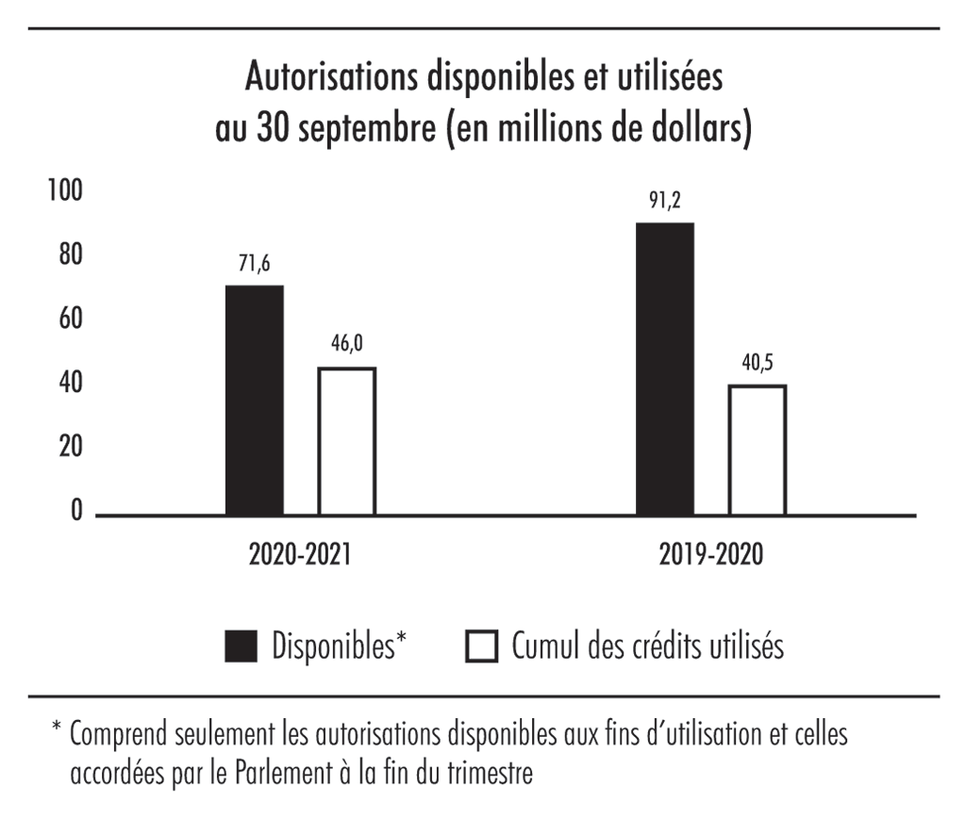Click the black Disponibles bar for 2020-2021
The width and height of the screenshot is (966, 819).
pyautogui.click(x=255, y=401)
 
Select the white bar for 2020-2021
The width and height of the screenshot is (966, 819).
pyautogui.click(x=346, y=441)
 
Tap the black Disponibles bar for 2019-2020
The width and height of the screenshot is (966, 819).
pyautogui.click(x=665, y=369)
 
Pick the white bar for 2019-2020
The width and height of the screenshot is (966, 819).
pyautogui.click(x=757, y=450)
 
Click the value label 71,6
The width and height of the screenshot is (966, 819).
pyautogui.click(x=255, y=265)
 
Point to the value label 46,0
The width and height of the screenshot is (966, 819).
pyautogui.click(x=346, y=346)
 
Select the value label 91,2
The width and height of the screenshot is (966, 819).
pyautogui.click(x=665, y=202)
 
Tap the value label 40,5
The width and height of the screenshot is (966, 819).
pyautogui.click(x=757, y=364)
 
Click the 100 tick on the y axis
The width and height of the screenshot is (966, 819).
pyautogui.click(x=65, y=190)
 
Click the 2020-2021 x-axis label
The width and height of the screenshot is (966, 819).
pyautogui.click(x=300, y=555)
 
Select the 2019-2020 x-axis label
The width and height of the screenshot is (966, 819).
pyautogui.click(x=711, y=555)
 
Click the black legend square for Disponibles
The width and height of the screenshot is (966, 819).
pyautogui.click(x=241, y=647)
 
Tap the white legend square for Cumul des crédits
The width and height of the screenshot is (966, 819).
pyautogui.click(x=482, y=647)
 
